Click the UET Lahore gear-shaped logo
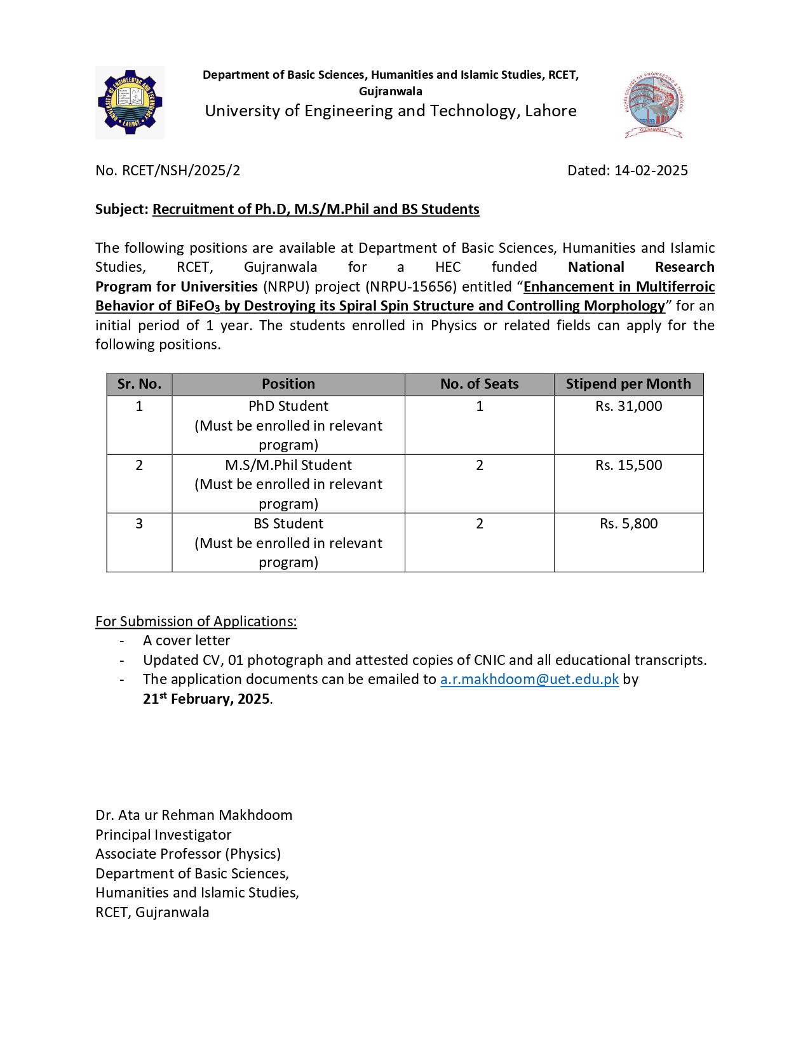coord(130,102)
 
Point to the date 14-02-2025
coord(651,170)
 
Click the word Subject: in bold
coord(122,209)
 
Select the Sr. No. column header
coord(139,384)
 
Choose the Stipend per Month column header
coord(628,384)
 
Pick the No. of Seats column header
coord(479,384)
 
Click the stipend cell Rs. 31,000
coord(628,406)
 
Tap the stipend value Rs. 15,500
coord(628,465)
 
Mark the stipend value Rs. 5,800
coord(628,523)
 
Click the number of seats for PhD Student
coord(480,406)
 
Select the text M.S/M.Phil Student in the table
coord(288,465)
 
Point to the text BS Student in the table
coord(288,523)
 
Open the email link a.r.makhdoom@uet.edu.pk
coord(529,679)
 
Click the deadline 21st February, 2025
coord(207,699)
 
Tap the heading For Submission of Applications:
coord(196,621)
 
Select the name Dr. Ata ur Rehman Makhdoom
coord(194,815)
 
